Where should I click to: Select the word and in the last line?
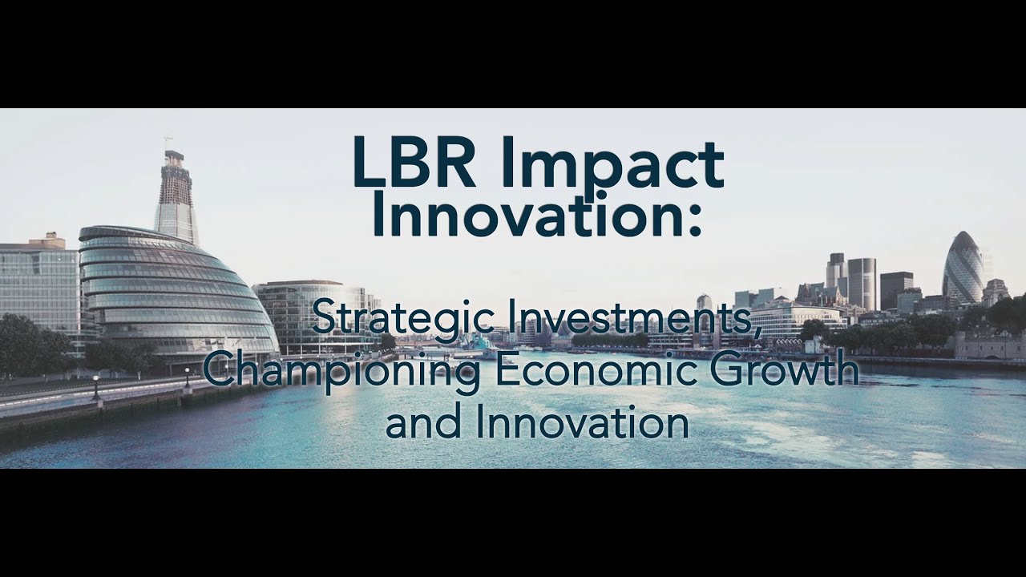(x=422, y=423)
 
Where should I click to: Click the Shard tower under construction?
(x=176, y=196)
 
